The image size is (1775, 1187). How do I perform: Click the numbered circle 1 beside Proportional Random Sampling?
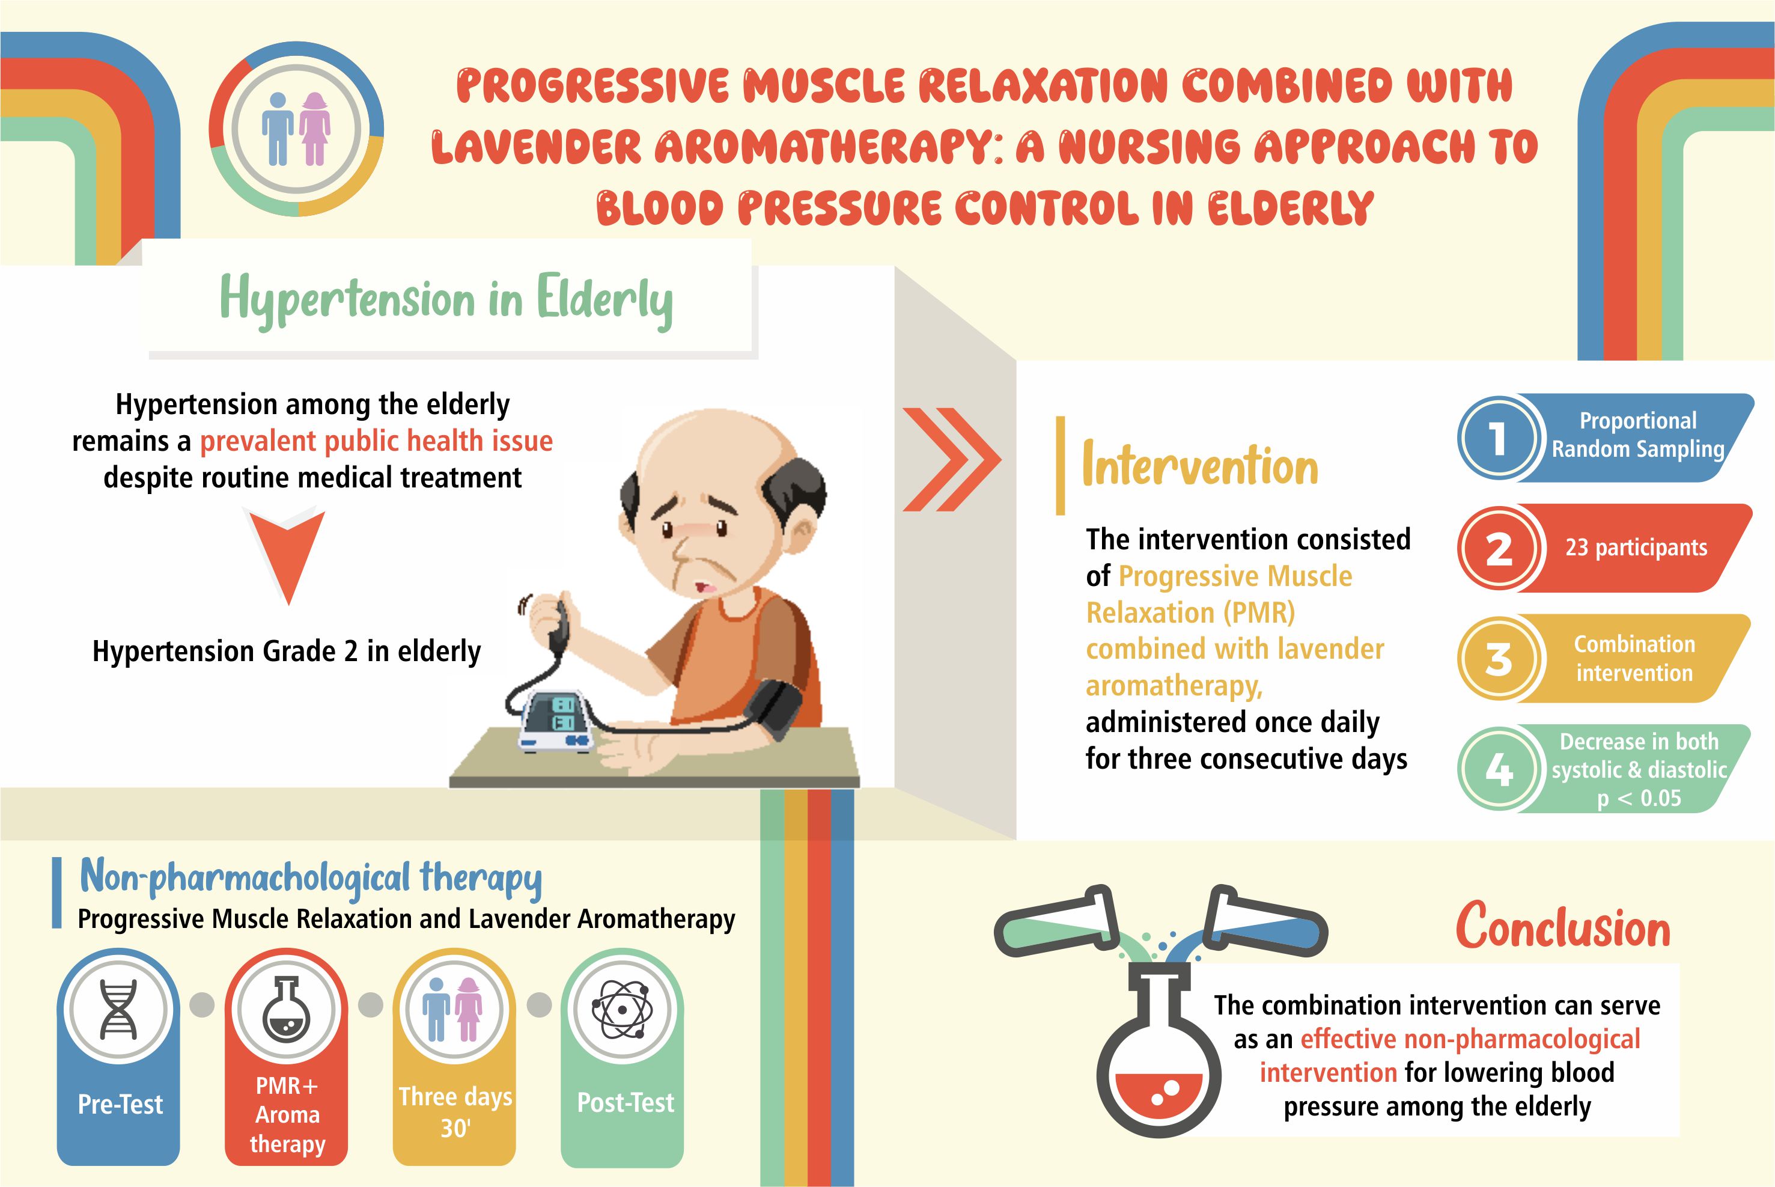coord(1498,438)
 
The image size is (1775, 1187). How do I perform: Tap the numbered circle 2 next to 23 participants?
coord(1498,549)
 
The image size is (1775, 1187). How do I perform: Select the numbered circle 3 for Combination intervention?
coord(1498,659)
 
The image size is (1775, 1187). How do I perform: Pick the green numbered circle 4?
coord(1498,770)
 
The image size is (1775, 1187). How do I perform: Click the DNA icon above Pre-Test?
coord(119,1010)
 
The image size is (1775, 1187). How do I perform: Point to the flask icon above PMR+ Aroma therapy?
coord(287,1010)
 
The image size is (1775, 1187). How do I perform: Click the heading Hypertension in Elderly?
coord(446,300)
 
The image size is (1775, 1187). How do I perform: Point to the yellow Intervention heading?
coord(1200,463)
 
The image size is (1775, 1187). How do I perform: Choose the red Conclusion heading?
coord(1563,926)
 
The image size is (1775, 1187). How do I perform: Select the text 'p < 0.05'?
coord(1639,798)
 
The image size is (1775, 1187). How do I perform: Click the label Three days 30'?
coord(455,1112)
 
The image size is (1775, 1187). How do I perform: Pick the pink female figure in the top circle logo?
coord(315,127)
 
